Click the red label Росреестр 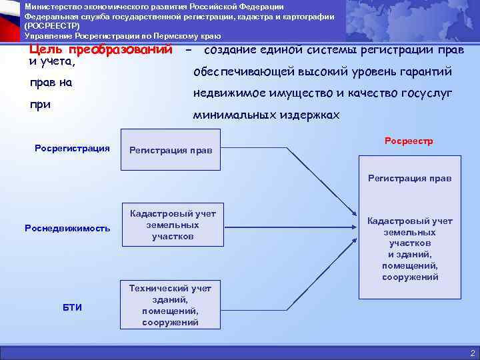click(x=409, y=141)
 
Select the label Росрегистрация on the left click(x=72, y=148)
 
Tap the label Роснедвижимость click(x=67, y=228)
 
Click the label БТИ click(x=72, y=307)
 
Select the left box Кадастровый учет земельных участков click(x=173, y=225)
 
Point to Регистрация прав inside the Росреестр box click(x=409, y=178)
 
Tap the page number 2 click(x=472, y=353)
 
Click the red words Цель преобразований click(x=101, y=51)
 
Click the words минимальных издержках click(x=266, y=115)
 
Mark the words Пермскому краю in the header click(x=197, y=35)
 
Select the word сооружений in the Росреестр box click(x=410, y=277)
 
